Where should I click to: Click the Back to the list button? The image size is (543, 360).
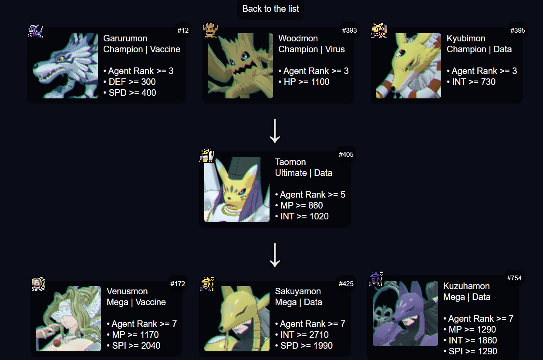click(x=270, y=9)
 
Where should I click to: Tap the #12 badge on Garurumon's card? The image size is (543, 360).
click(x=183, y=30)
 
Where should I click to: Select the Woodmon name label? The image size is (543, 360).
click(x=298, y=38)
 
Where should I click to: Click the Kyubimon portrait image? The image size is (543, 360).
click(x=408, y=66)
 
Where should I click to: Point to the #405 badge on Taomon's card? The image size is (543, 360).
click(x=346, y=154)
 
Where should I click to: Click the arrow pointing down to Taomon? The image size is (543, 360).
click(x=274, y=131)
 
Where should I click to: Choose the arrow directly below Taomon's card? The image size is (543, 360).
click(x=274, y=255)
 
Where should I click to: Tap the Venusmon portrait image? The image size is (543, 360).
click(x=68, y=319)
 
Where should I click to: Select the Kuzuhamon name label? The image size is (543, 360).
click(x=466, y=286)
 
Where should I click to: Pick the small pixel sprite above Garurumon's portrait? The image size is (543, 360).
click(x=35, y=31)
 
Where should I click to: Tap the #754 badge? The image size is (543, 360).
click(x=514, y=278)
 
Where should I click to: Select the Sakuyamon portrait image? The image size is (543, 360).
click(x=237, y=319)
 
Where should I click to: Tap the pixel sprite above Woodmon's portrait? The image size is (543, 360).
click(x=210, y=30)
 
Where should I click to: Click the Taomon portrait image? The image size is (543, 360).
click(x=237, y=189)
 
